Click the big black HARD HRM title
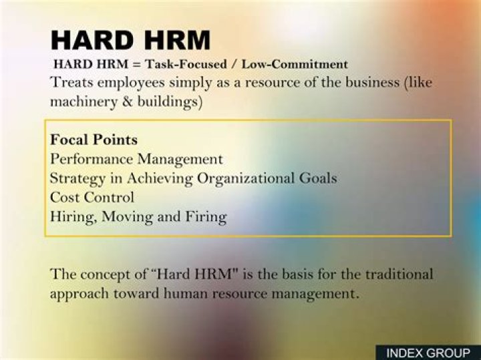pyautogui.click(x=131, y=40)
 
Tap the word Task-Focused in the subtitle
pyautogui.click(x=186, y=64)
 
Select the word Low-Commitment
pyautogui.click(x=295, y=64)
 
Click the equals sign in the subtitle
pyautogui.click(x=136, y=64)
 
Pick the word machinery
pyautogui.click(x=84, y=102)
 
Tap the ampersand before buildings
pyautogui.click(x=128, y=102)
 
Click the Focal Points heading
pyautogui.click(x=94, y=140)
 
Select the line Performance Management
pyautogui.click(x=136, y=159)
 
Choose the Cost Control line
pyautogui.click(x=92, y=197)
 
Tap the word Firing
pyautogui.click(x=206, y=217)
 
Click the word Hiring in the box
pyautogui.click(x=74, y=217)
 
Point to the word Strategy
pyautogui.click(x=77, y=179)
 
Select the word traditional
pyautogui.click(x=399, y=274)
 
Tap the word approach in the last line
pyautogui.click(x=79, y=295)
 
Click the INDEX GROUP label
pyautogui.click(x=428, y=353)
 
